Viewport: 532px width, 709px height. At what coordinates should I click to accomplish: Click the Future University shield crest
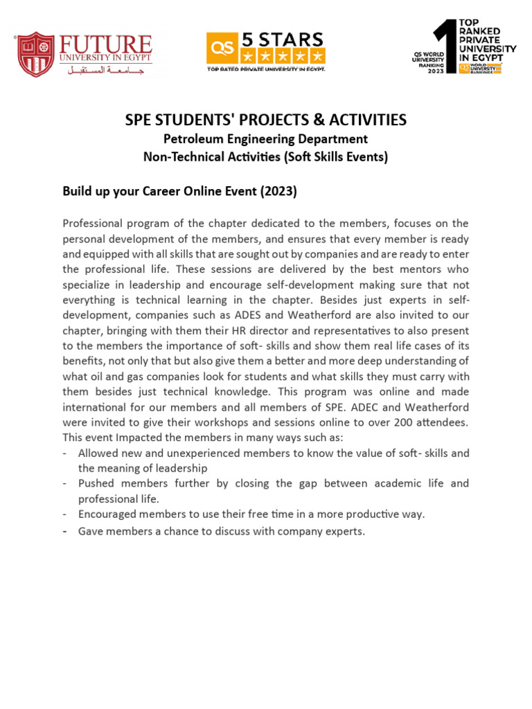[x=35, y=54]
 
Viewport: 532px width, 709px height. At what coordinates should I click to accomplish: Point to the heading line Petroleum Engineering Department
[x=265, y=139]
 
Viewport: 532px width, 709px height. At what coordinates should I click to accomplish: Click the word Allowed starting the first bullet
[x=98, y=453]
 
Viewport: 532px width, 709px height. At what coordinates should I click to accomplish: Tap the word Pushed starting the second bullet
[x=97, y=483]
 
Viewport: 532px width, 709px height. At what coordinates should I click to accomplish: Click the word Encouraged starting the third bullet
[x=109, y=514]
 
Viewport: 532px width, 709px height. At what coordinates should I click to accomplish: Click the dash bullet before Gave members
[x=64, y=531]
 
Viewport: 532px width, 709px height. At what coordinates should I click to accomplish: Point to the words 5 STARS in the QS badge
[x=281, y=38]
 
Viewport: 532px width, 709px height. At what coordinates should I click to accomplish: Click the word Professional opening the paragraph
[x=94, y=223]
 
